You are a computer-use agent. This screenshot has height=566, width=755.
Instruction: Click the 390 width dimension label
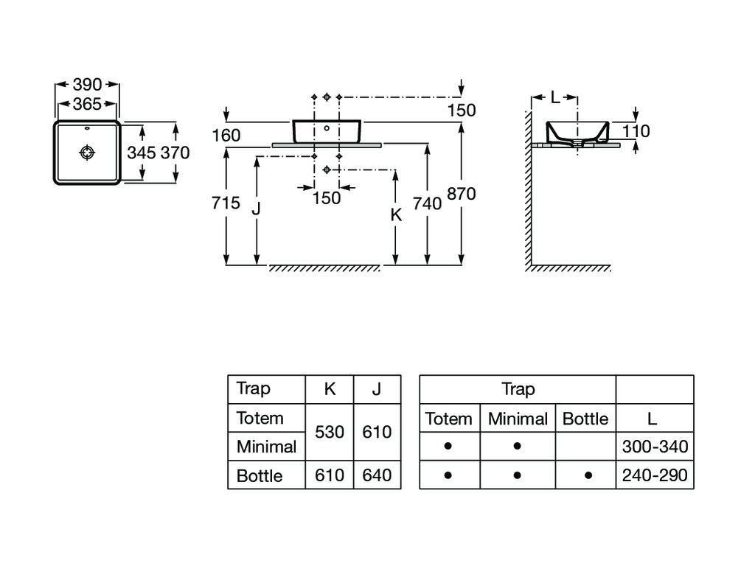pos(87,85)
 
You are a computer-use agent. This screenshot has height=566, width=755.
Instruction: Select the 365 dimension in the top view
pos(87,105)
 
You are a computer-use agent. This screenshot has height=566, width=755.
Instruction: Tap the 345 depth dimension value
pos(142,153)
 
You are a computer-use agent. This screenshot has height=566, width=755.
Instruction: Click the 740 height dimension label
pos(428,204)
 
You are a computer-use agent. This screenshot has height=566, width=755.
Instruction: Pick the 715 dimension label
pos(226,203)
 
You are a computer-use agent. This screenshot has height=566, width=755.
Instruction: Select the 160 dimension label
pos(226,136)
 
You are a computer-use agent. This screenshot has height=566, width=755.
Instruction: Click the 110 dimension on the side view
pos(636,132)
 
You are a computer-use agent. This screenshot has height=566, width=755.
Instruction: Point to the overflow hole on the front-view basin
pos(327,128)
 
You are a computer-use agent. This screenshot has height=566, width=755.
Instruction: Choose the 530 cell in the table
pos(330,432)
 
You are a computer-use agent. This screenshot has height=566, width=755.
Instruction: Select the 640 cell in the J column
pos(377,475)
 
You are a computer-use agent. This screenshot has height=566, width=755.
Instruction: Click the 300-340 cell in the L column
pos(655,446)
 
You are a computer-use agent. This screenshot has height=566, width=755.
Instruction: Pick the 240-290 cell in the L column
pos(655,475)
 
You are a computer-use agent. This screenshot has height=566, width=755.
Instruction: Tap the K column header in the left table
pos(330,389)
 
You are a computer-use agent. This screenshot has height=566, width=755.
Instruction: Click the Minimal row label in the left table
pos(266,447)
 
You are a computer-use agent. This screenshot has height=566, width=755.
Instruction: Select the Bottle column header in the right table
pos(585,419)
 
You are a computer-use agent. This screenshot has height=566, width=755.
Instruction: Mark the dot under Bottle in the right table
pos(588,476)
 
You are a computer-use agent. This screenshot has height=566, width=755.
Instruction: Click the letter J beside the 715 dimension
pos(256,209)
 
